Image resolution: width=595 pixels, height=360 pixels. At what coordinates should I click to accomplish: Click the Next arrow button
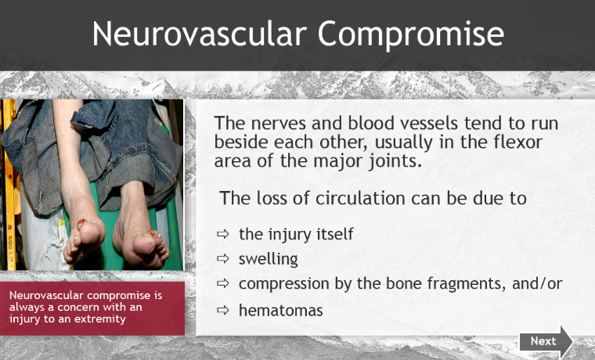coord(546,341)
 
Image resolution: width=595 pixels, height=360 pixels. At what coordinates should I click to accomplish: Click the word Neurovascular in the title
coord(199,34)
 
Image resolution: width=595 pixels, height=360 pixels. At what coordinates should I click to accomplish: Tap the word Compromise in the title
coord(411,35)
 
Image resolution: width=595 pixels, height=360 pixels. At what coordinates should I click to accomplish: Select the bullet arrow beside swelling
coord(223,259)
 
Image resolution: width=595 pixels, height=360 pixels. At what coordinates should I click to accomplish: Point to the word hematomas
coord(281,311)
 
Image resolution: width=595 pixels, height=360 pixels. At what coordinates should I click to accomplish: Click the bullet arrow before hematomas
coord(223,311)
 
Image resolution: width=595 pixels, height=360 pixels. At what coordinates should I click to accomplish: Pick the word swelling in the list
coord(269,260)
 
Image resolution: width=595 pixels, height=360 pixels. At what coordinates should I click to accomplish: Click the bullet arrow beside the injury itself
coord(223,234)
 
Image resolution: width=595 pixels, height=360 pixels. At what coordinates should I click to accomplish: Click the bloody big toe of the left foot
coord(81,224)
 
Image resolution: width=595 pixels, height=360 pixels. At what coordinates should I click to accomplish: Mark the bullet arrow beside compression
coord(223,284)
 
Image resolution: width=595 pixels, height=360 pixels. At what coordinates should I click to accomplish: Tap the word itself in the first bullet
coord(336,234)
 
